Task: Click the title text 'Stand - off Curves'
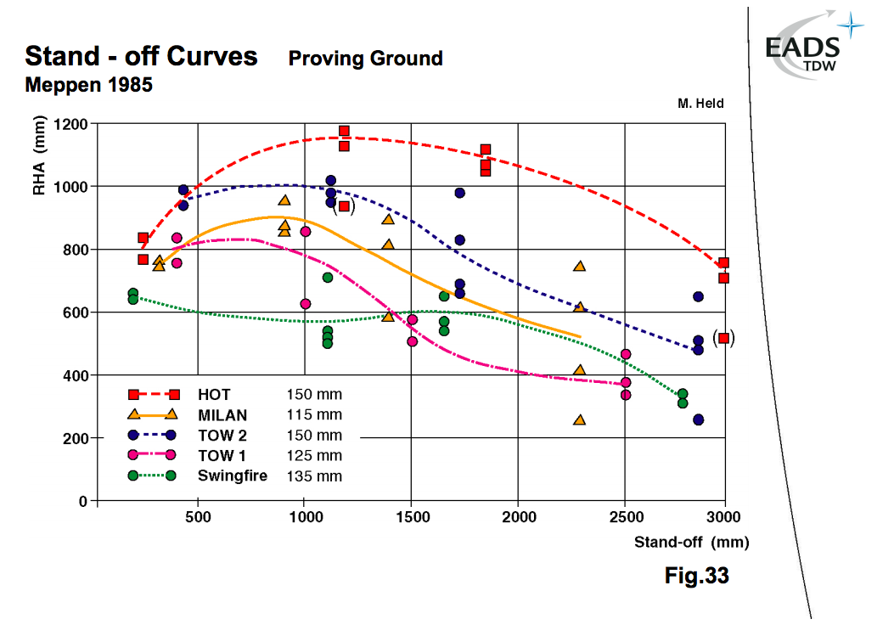pos(141,57)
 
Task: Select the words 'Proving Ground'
pos(365,59)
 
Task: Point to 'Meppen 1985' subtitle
pos(89,86)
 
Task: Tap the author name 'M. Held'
pos(700,103)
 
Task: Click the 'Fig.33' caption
pos(696,576)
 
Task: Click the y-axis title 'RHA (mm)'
pos(38,166)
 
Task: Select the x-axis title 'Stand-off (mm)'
pos(691,542)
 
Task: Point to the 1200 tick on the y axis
pos(70,124)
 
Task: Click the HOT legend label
pos(213,395)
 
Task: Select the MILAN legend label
pos(222,415)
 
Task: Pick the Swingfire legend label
pos(232,476)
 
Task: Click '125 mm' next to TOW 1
pos(314,456)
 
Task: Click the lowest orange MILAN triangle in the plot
pos(580,419)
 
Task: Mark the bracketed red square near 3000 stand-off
pos(723,338)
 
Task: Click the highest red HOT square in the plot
pos(344,132)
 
